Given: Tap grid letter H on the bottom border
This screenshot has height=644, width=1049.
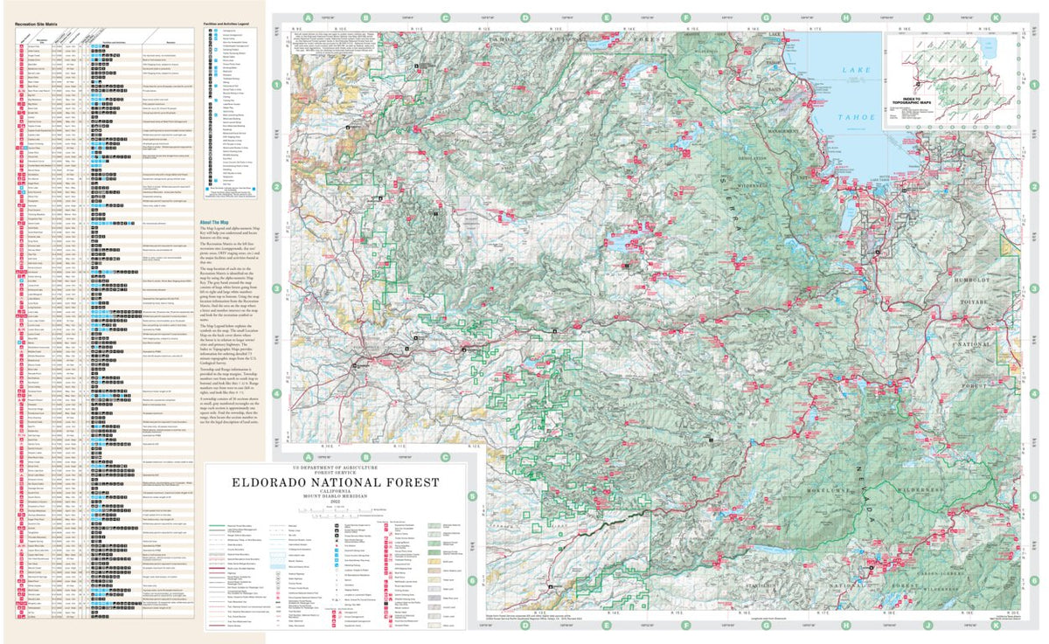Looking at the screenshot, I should [846, 626].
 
